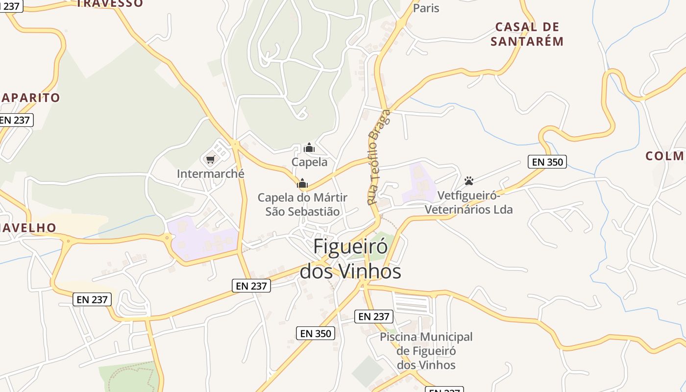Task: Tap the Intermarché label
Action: coord(211,174)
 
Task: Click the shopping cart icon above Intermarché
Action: coord(211,159)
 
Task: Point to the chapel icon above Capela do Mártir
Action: coord(302,184)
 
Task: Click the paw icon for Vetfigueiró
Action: coord(469,181)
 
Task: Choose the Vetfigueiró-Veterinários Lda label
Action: coord(468,203)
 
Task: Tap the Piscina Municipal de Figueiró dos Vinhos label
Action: coord(426,351)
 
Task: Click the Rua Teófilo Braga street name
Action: coord(379,157)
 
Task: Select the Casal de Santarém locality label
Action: coord(527,34)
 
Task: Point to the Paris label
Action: coord(426,8)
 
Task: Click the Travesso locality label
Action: coord(110,3)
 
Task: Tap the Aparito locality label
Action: coord(30,98)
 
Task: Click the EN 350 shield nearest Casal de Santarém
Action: coord(547,162)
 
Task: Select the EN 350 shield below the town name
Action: coord(316,334)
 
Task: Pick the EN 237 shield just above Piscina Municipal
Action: coord(374,317)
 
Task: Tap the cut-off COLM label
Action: coord(665,156)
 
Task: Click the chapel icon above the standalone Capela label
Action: coord(309,147)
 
